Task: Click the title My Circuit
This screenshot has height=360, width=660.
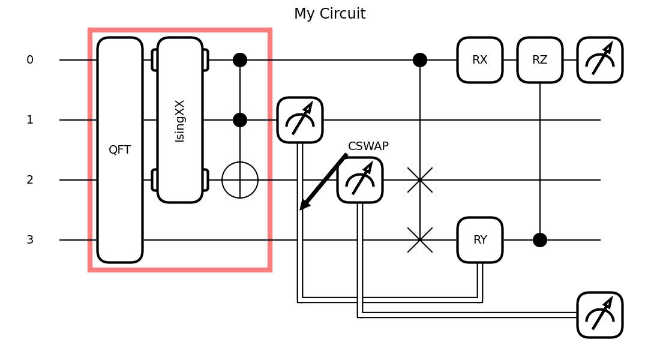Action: tap(329, 14)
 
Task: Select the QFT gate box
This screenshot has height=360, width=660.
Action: tap(120, 150)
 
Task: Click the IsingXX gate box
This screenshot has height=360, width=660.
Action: tap(180, 120)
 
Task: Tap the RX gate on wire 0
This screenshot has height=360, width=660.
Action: tap(480, 60)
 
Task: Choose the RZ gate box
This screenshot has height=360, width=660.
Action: tap(540, 60)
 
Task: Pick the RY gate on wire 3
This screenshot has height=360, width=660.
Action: tap(480, 240)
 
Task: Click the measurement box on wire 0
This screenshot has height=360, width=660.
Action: tap(600, 60)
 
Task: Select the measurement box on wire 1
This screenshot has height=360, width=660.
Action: tap(300, 120)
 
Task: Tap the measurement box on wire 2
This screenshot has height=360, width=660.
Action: tap(360, 180)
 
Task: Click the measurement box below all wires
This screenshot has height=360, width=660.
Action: tap(600, 315)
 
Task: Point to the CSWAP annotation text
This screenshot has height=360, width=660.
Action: tap(368, 146)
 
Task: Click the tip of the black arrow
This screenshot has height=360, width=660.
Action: tap(301, 209)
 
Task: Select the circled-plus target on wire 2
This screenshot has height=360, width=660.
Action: tap(240, 180)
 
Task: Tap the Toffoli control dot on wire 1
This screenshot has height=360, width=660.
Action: tap(240, 120)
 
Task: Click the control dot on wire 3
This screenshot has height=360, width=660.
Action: tap(540, 240)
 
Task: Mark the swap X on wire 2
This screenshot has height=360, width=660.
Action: tap(420, 180)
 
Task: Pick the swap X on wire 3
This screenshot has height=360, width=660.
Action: tap(420, 240)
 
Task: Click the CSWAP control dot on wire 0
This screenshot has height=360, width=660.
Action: tap(420, 60)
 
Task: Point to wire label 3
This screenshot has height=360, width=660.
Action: tap(30, 240)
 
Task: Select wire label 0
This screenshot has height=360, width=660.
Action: tap(30, 60)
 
